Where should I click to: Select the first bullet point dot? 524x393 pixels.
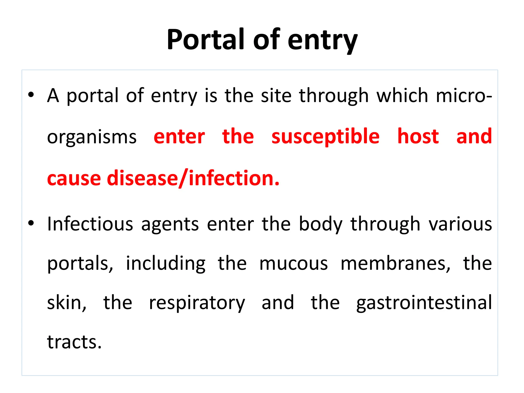[31, 95]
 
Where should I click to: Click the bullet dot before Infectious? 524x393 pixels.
[31, 223]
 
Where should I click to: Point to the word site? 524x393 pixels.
[276, 95]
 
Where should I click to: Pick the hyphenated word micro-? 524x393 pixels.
[463, 95]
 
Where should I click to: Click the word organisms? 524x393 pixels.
[92, 137]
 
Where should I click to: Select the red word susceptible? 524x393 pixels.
[325, 137]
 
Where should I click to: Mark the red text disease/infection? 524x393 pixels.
[193, 178]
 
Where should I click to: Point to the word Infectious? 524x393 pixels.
[90, 224]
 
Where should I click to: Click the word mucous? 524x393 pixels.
[293, 264]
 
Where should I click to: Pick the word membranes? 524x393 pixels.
[396, 264]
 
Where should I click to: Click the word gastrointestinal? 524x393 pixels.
[424, 303]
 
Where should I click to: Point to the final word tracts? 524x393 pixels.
[74, 342]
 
